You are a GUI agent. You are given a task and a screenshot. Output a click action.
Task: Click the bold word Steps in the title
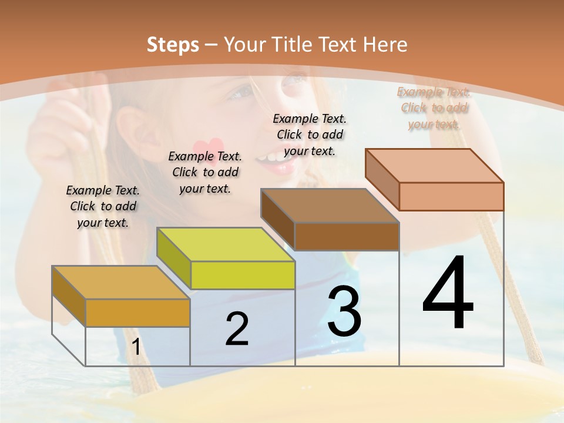coord(173,45)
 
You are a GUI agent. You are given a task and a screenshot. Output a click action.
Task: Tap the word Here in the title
coord(385,45)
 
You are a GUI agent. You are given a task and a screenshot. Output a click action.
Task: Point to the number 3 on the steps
coord(344,311)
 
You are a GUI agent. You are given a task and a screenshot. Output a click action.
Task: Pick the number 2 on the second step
coord(237,329)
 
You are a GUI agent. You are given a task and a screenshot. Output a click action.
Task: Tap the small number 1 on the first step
coord(136,347)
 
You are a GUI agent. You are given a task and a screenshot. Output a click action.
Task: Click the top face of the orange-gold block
coord(120,283)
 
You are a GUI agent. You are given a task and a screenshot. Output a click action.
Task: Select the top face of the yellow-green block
coord(226,244)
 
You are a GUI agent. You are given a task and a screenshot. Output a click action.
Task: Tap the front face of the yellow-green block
coord(243,275)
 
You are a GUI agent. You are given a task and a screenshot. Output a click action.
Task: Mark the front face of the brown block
coord(347,236)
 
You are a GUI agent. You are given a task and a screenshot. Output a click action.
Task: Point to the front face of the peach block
coord(451,196)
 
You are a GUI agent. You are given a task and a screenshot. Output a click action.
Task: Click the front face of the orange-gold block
coord(137,313)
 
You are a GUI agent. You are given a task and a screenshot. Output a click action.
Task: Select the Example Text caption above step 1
coord(103,206)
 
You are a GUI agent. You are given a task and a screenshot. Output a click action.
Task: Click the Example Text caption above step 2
coord(205,172)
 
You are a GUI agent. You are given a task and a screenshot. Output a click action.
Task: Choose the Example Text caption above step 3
coord(310,135)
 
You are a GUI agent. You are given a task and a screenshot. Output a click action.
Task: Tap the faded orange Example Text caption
coord(434,108)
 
